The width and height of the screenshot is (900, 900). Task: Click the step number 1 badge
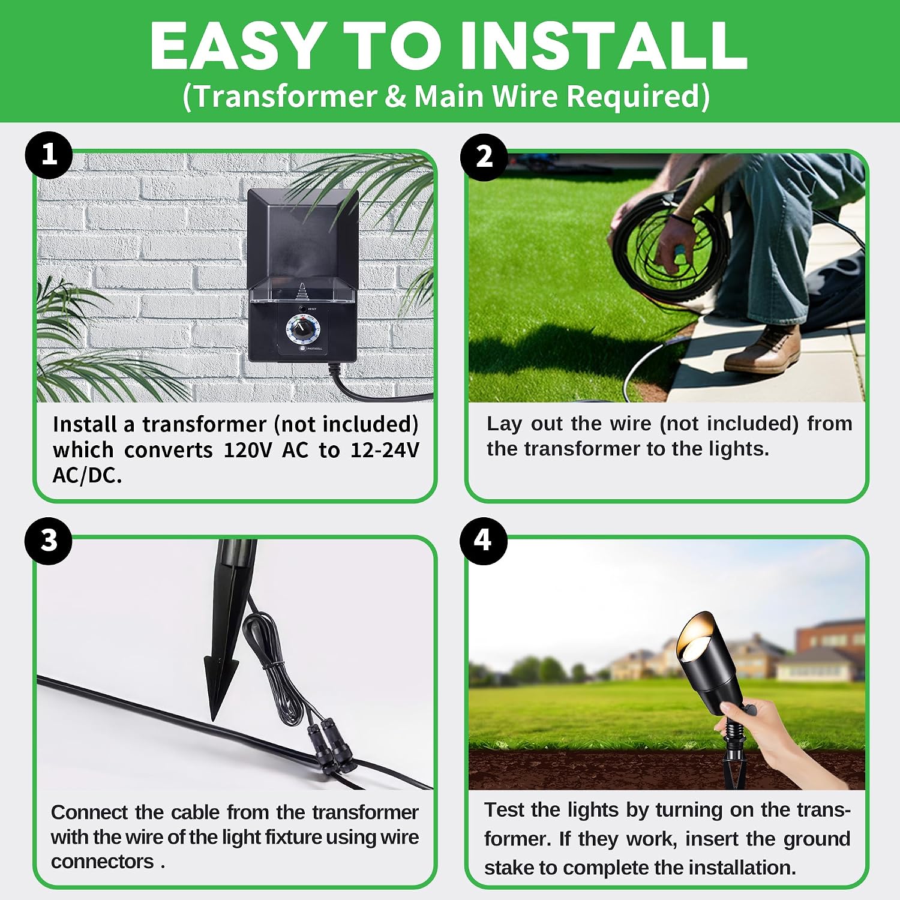click(x=49, y=155)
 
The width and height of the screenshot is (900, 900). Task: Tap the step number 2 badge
click(x=484, y=157)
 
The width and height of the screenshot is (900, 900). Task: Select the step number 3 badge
click(x=49, y=541)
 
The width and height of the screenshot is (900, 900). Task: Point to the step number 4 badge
click(x=484, y=541)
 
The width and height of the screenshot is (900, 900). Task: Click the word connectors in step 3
click(x=103, y=862)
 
